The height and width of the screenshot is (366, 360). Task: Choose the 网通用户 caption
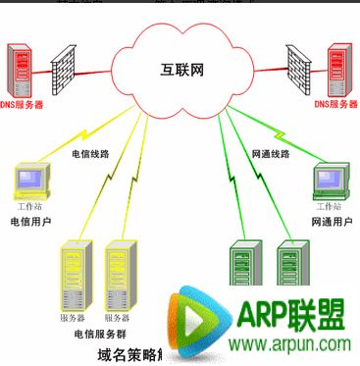coord(331,223)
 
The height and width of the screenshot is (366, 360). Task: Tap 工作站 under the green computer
coord(328,207)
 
